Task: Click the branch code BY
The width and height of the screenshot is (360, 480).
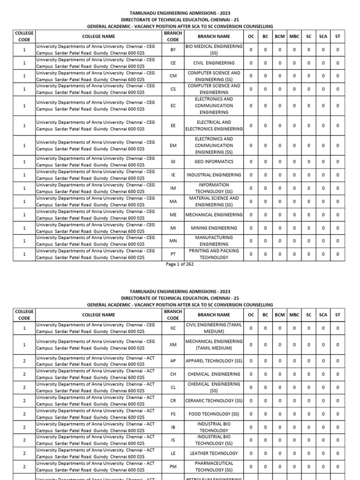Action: (173, 49)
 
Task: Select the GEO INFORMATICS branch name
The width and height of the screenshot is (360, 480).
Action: (214, 162)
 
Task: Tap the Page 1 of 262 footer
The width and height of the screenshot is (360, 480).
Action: (180, 264)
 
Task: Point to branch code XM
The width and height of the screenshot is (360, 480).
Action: (173, 345)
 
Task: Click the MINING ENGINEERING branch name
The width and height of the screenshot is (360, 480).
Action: (214, 228)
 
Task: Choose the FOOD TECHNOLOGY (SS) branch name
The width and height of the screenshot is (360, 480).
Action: (214, 414)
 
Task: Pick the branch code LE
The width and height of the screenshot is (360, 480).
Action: (173, 453)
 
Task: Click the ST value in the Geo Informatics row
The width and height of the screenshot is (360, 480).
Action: (337, 162)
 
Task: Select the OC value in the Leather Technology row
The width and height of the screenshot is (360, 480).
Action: (251, 453)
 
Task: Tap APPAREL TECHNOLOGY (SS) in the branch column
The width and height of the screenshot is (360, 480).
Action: (214, 361)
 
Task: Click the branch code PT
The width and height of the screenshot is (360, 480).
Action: (173, 254)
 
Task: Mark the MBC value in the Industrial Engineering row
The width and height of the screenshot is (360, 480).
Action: (294, 175)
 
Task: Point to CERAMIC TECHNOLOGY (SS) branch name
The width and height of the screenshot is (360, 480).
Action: (214, 401)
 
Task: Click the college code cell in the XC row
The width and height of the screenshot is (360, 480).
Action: (24, 328)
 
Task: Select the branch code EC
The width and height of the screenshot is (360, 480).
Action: (173, 106)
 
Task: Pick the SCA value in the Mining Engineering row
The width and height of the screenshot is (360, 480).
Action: (323, 228)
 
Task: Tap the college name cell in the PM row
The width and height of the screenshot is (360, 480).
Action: (96, 466)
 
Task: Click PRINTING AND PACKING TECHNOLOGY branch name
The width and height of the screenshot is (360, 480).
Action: (214, 254)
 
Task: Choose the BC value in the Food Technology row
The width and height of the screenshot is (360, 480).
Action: (265, 414)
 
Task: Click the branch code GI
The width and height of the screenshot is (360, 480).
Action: (173, 162)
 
